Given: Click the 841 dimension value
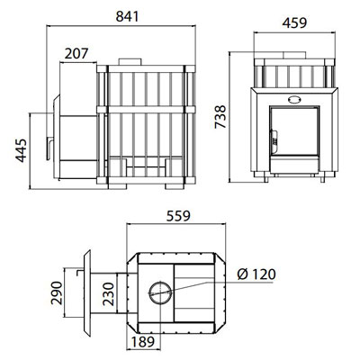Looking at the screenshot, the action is pyautogui.click(x=128, y=16).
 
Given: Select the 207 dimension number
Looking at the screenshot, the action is pyautogui.click(x=76, y=54).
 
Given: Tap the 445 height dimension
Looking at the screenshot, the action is pyautogui.click(x=22, y=150).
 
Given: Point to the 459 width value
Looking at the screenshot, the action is pyautogui.click(x=294, y=22).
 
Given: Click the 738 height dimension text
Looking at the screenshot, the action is pyautogui.click(x=220, y=117).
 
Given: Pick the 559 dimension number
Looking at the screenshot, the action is pyautogui.click(x=178, y=216).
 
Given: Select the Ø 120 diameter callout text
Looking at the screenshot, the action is pyautogui.click(x=256, y=274).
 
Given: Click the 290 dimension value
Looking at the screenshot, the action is pyautogui.click(x=57, y=293).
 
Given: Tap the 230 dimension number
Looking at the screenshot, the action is pyautogui.click(x=109, y=294).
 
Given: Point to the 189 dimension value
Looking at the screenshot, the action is pyautogui.click(x=143, y=341).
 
